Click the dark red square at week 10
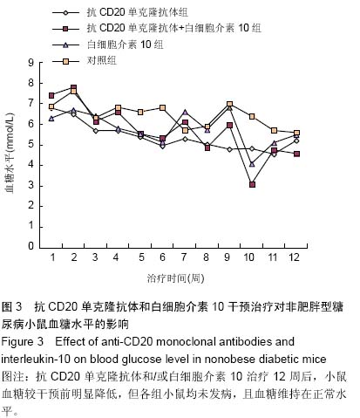coord(252,184)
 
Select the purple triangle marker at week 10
coord(252,164)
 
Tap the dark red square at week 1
coord(51,95)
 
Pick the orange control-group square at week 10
coord(252,117)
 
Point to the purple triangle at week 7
coord(185,112)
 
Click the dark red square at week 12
coord(296,154)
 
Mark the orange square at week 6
coord(163,108)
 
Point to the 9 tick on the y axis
coord(31,63)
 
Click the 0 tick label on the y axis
coord(31,246)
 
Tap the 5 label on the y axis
coord(31,145)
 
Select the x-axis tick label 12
coord(294,257)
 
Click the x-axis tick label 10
coord(249,257)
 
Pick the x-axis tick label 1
coord(52,257)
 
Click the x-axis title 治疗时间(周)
coord(175,278)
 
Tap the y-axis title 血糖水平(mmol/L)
coord(10,153)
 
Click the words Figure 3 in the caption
coord(22,341)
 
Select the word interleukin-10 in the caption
coord(36,359)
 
